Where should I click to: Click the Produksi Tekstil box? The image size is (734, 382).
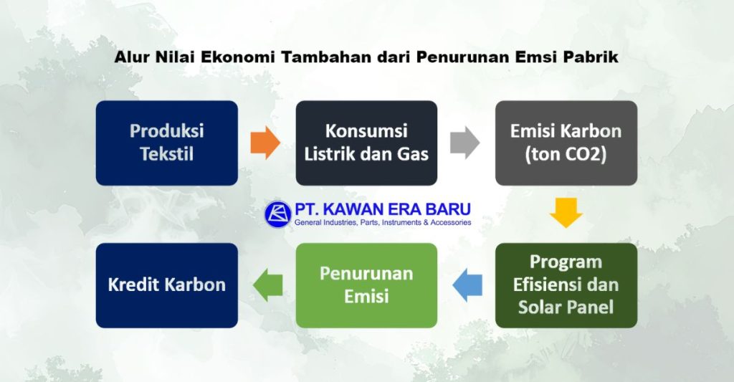click(166, 143)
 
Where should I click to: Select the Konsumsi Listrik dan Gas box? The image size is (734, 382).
click(366, 143)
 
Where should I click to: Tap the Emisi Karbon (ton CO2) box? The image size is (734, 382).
click(566, 143)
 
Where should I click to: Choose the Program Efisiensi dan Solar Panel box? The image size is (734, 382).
click(566, 285)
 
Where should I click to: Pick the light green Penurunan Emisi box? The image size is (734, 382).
click(366, 285)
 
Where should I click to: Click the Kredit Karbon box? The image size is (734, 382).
click(166, 285)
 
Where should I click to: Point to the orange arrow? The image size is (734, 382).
click(265, 143)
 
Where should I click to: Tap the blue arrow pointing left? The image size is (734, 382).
click(467, 285)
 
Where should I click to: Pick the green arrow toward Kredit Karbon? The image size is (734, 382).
click(267, 285)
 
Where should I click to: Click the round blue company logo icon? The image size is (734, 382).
click(277, 214)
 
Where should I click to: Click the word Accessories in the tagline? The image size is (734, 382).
click(449, 223)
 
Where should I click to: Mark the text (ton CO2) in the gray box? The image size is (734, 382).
click(566, 154)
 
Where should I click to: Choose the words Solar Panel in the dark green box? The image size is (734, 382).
click(566, 307)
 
